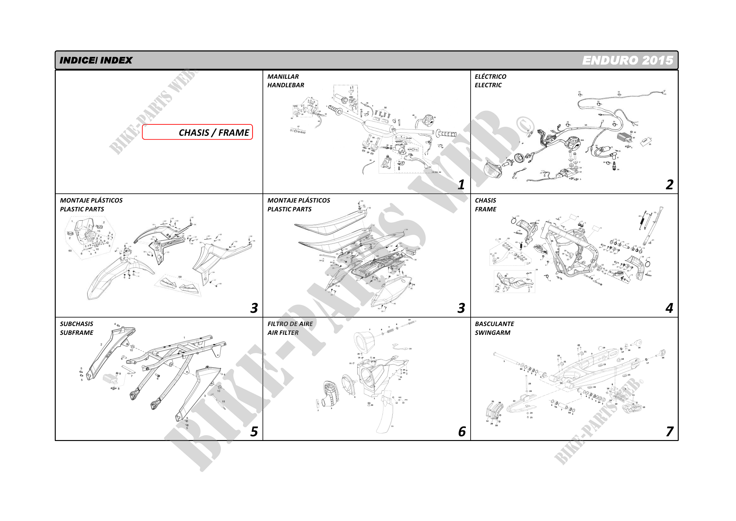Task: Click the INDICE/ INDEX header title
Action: coord(96,60)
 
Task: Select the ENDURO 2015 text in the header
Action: coord(627,60)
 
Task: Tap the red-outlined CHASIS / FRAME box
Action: coord(197,132)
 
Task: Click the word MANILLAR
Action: coord(283,77)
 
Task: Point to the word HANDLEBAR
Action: coord(286,85)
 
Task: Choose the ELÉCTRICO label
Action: coord(490,77)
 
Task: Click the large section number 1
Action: coord(461,185)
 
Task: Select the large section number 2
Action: coord(669,185)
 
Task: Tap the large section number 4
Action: coord(669,308)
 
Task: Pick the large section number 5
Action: coord(254,432)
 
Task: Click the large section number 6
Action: coord(461,432)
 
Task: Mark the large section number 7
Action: coord(669,432)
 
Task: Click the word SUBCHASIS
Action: coord(76,324)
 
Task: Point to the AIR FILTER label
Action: coord(283,333)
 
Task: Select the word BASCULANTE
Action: coord(494,324)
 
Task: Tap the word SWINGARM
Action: coord(492,333)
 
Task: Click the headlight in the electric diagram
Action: coord(492,170)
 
